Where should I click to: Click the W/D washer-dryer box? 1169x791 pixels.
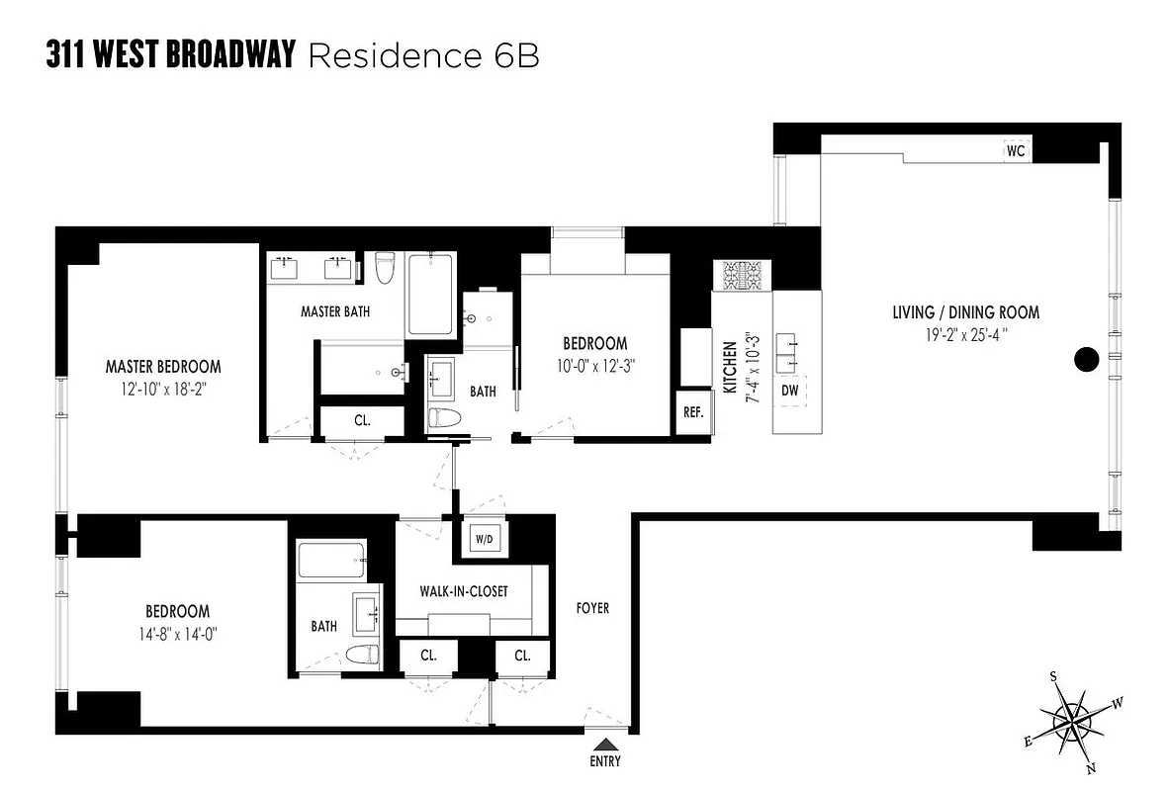tap(485, 539)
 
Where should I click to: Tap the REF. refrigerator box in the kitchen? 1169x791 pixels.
tap(692, 412)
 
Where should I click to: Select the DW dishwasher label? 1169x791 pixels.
tap(789, 391)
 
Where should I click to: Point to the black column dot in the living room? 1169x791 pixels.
tap(1085, 360)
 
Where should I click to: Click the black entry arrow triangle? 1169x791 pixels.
tap(605, 743)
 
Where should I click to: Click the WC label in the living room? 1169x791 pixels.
tap(1015, 152)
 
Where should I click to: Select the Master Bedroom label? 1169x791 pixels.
tap(163, 366)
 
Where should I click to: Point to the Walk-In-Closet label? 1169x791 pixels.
tap(464, 591)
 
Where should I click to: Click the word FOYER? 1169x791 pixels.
tap(592, 608)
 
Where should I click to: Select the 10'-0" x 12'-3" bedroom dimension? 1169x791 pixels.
tap(594, 363)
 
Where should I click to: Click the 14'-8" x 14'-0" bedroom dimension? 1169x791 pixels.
tap(178, 633)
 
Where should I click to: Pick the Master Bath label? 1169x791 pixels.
tap(335, 311)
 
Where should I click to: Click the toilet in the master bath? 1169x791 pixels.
tap(385, 267)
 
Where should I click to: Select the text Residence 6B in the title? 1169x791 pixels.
tap(424, 55)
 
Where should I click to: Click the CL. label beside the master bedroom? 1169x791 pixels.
tap(362, 420)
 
